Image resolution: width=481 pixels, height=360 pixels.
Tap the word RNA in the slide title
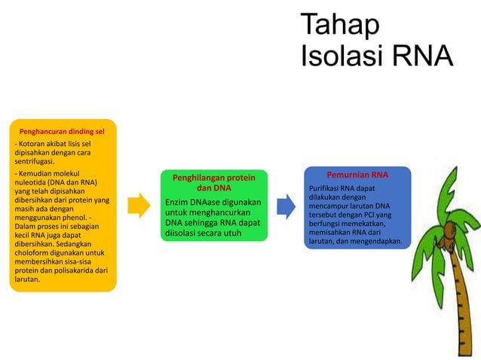421,56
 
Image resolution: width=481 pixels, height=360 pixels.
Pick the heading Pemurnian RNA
357,175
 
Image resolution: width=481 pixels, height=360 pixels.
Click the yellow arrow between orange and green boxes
139,205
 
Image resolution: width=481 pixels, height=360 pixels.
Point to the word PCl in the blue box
374,215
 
